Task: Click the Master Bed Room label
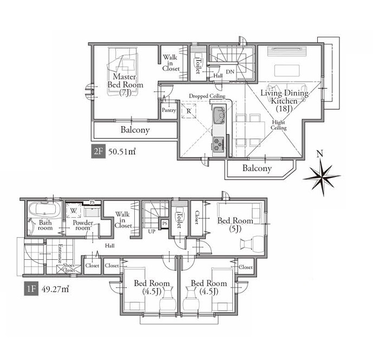tap(126, 84)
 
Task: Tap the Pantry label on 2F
tap(169, 110)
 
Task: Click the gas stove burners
tap(219, 144)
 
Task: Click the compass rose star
tap(322, 177)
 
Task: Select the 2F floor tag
tap(98, 152)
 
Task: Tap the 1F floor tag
tap(31, 289)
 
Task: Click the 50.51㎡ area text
tap(122, 152)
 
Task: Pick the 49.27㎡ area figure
tap(55, 289)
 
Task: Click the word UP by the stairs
tap(152, 231)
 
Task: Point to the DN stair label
tap(230, 71)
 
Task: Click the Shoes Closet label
tap(69, 267)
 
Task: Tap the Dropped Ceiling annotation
tap(207, 96)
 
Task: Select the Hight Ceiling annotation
tap(279, 125)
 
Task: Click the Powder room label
tap(83, 225)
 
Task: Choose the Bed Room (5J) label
tap(235, 224)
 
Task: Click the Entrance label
tap(60, 253)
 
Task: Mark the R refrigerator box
tap(189, 110)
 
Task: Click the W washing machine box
tap(73, 211)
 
